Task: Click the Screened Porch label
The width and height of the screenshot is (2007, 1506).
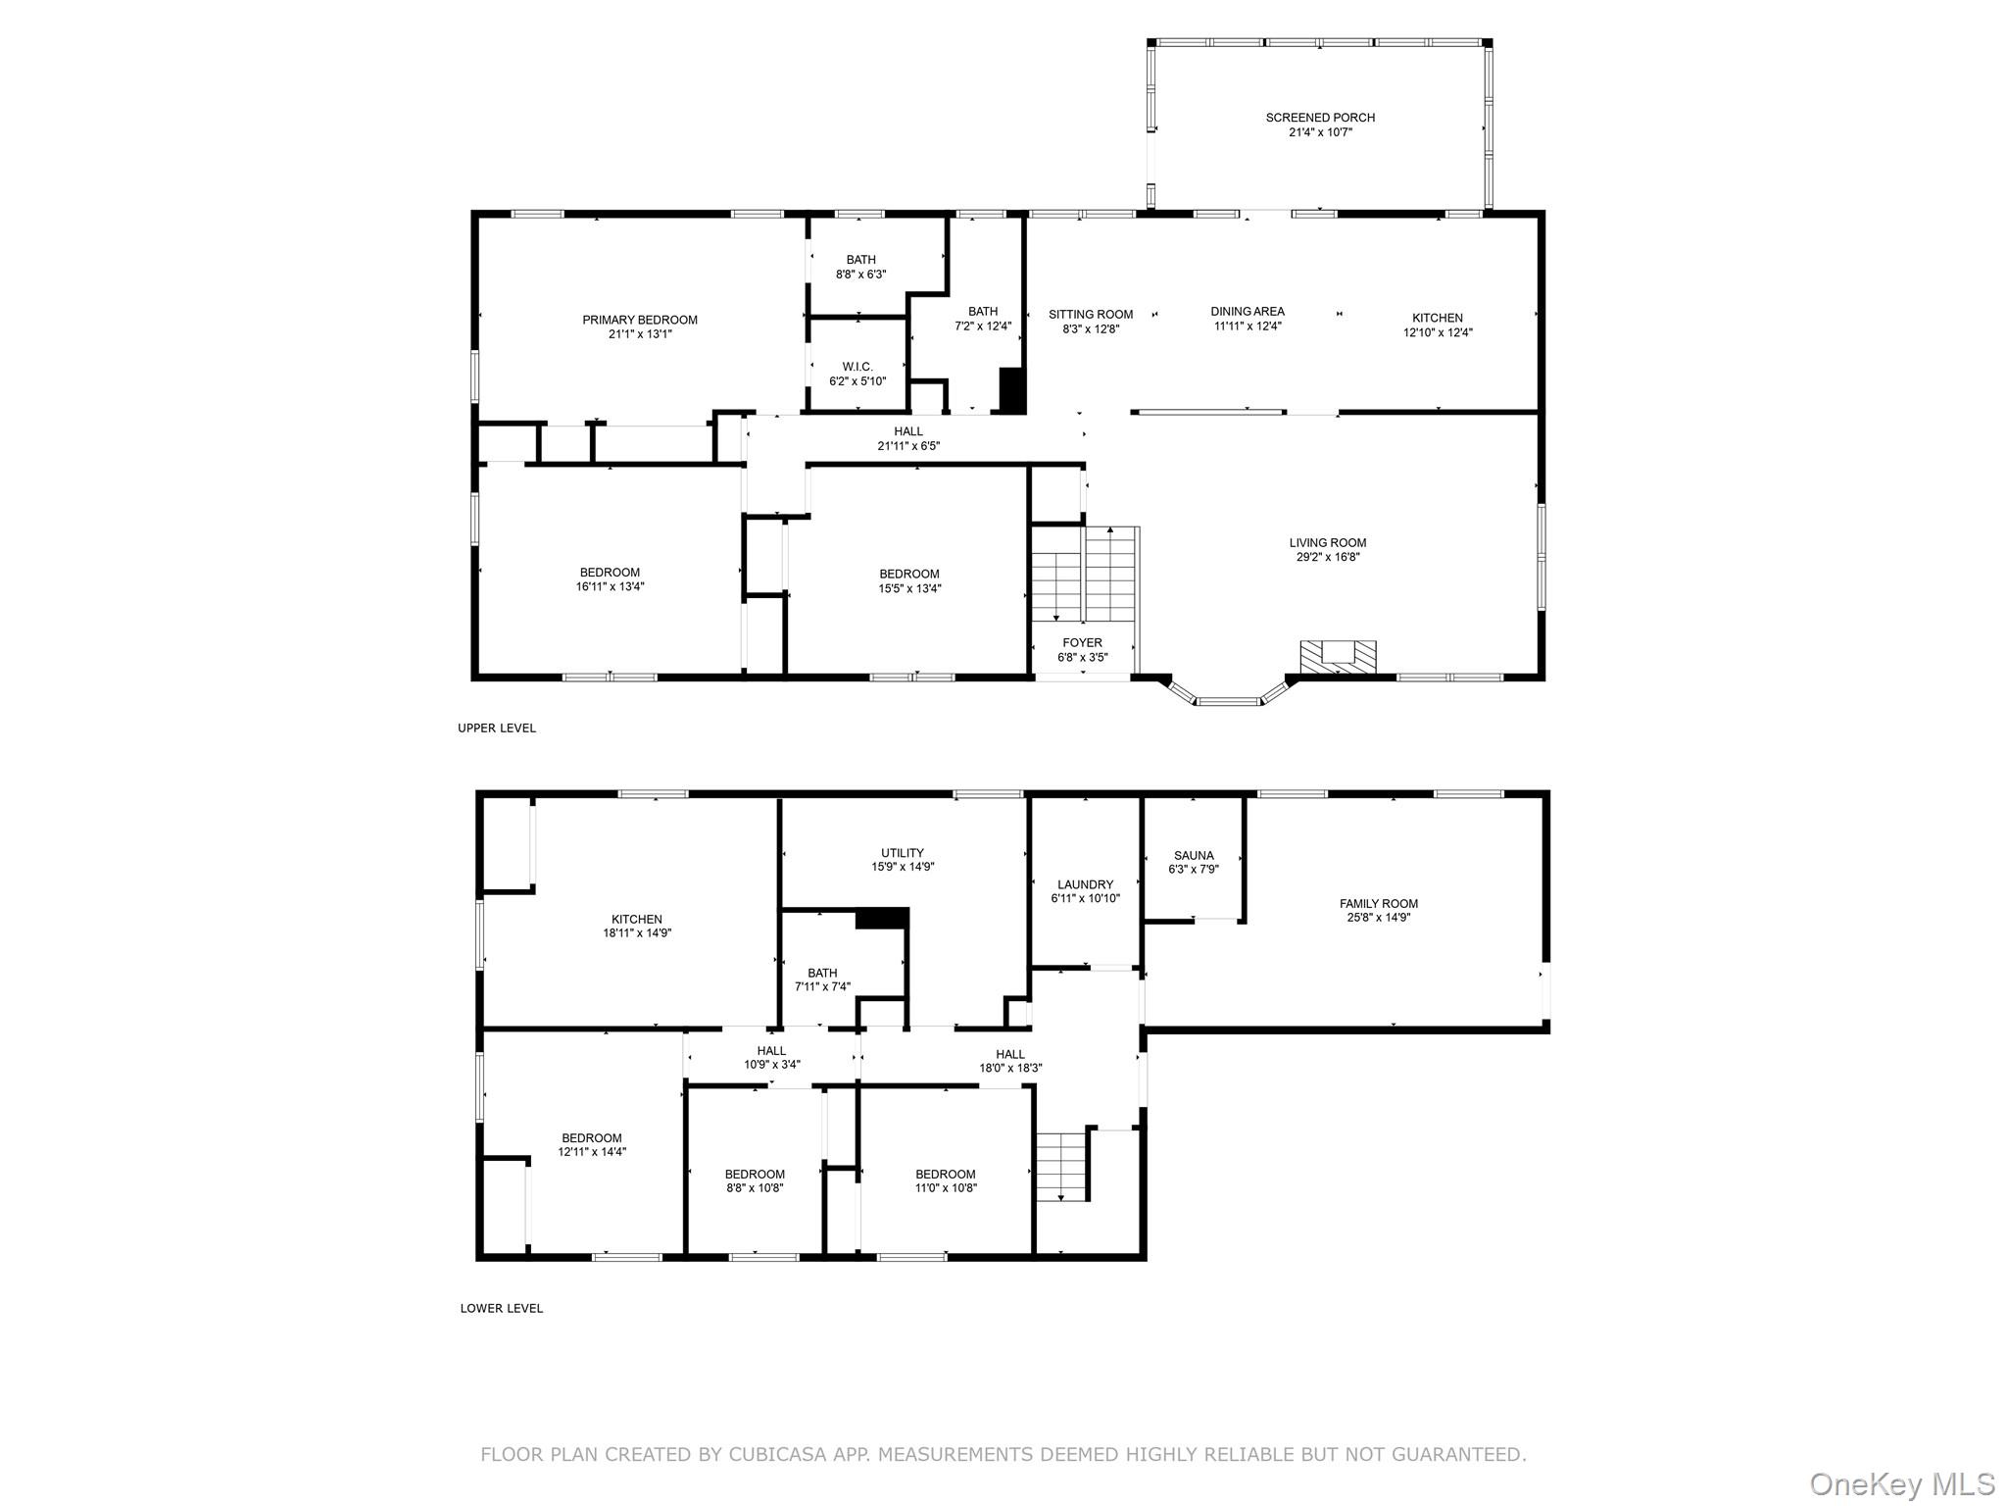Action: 1320,118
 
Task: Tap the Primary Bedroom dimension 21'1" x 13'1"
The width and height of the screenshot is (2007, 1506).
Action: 640,334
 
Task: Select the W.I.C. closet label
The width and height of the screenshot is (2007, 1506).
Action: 857,367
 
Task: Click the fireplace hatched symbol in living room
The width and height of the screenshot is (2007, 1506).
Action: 1338,657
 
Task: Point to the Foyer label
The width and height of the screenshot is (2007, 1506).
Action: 1082,643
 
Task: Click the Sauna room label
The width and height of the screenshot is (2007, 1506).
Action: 1193,855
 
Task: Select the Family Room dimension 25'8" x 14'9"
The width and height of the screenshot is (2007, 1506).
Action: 1379,918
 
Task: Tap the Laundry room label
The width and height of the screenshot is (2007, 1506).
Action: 1085,884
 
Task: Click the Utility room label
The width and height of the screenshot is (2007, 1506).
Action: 902,853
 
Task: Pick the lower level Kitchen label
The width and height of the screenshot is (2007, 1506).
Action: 637,920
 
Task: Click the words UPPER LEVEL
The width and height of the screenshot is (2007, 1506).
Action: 497,728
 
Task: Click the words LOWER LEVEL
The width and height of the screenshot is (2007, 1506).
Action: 501,1308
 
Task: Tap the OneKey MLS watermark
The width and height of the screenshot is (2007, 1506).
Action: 1902,1483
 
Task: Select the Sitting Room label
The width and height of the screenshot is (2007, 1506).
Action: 1090,315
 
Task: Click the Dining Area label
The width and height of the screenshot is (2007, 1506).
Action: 1247,312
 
